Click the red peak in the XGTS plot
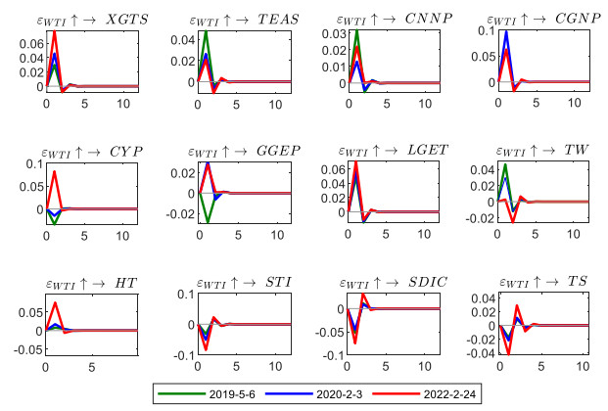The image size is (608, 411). tap(55, 31)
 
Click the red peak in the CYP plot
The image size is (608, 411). tap(55, 172)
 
